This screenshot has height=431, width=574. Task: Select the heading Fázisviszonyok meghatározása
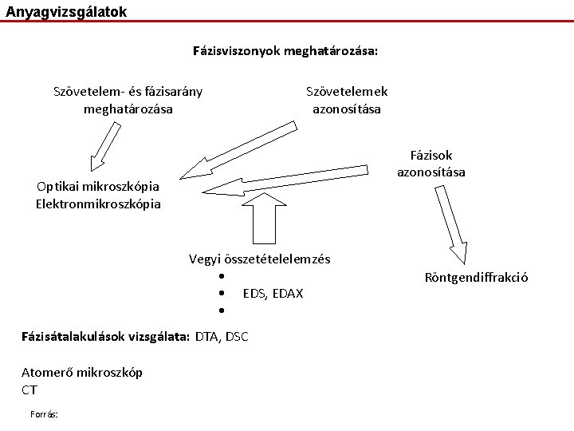tap(285, 51)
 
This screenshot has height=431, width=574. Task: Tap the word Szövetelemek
tap(347, 92)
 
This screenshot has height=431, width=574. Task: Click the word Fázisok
tap(431, 156)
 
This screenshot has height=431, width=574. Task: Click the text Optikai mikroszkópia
tap(98, 187)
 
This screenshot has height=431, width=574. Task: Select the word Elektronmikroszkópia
tap(98, 204)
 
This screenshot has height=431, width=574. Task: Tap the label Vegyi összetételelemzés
tap(259, 259)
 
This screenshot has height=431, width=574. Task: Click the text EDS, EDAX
tap(273, 294)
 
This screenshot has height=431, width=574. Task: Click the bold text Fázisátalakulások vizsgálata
tap(106, 337)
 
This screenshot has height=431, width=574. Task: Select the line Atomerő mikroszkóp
tap(82, 373)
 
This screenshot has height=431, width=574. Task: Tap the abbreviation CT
tap(29, 390)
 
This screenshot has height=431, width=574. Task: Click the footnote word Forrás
tap(43, 413)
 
